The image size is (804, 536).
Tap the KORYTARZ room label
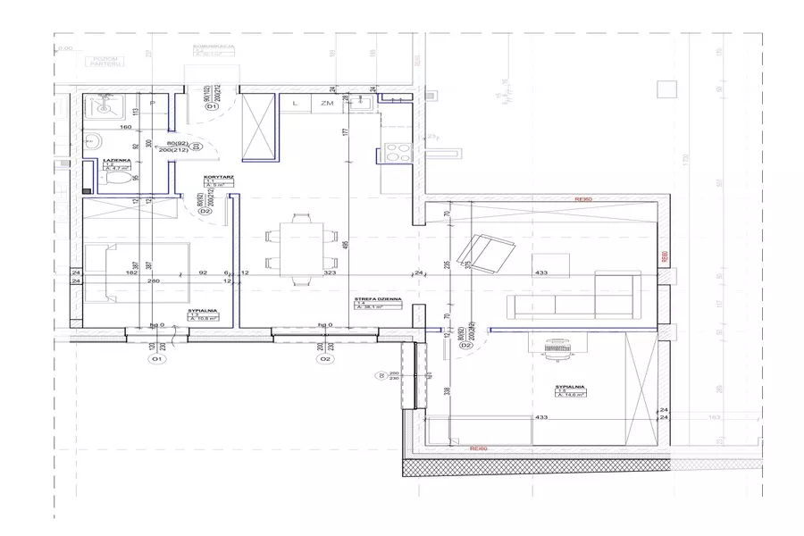[x=218, y=178]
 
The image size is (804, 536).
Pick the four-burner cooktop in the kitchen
[x=396, y=151]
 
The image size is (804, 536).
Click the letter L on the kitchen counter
[x=294, y=105]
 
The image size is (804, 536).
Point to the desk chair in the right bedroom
[x=557, y=348]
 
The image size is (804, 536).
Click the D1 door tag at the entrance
[x=213, y=107]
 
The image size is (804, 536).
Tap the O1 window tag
[x=156, y=359]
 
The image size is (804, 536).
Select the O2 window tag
[x=325, y=359]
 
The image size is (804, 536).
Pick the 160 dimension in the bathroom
[x=101, y=128]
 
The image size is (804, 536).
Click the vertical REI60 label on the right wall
[x=663, y=255]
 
